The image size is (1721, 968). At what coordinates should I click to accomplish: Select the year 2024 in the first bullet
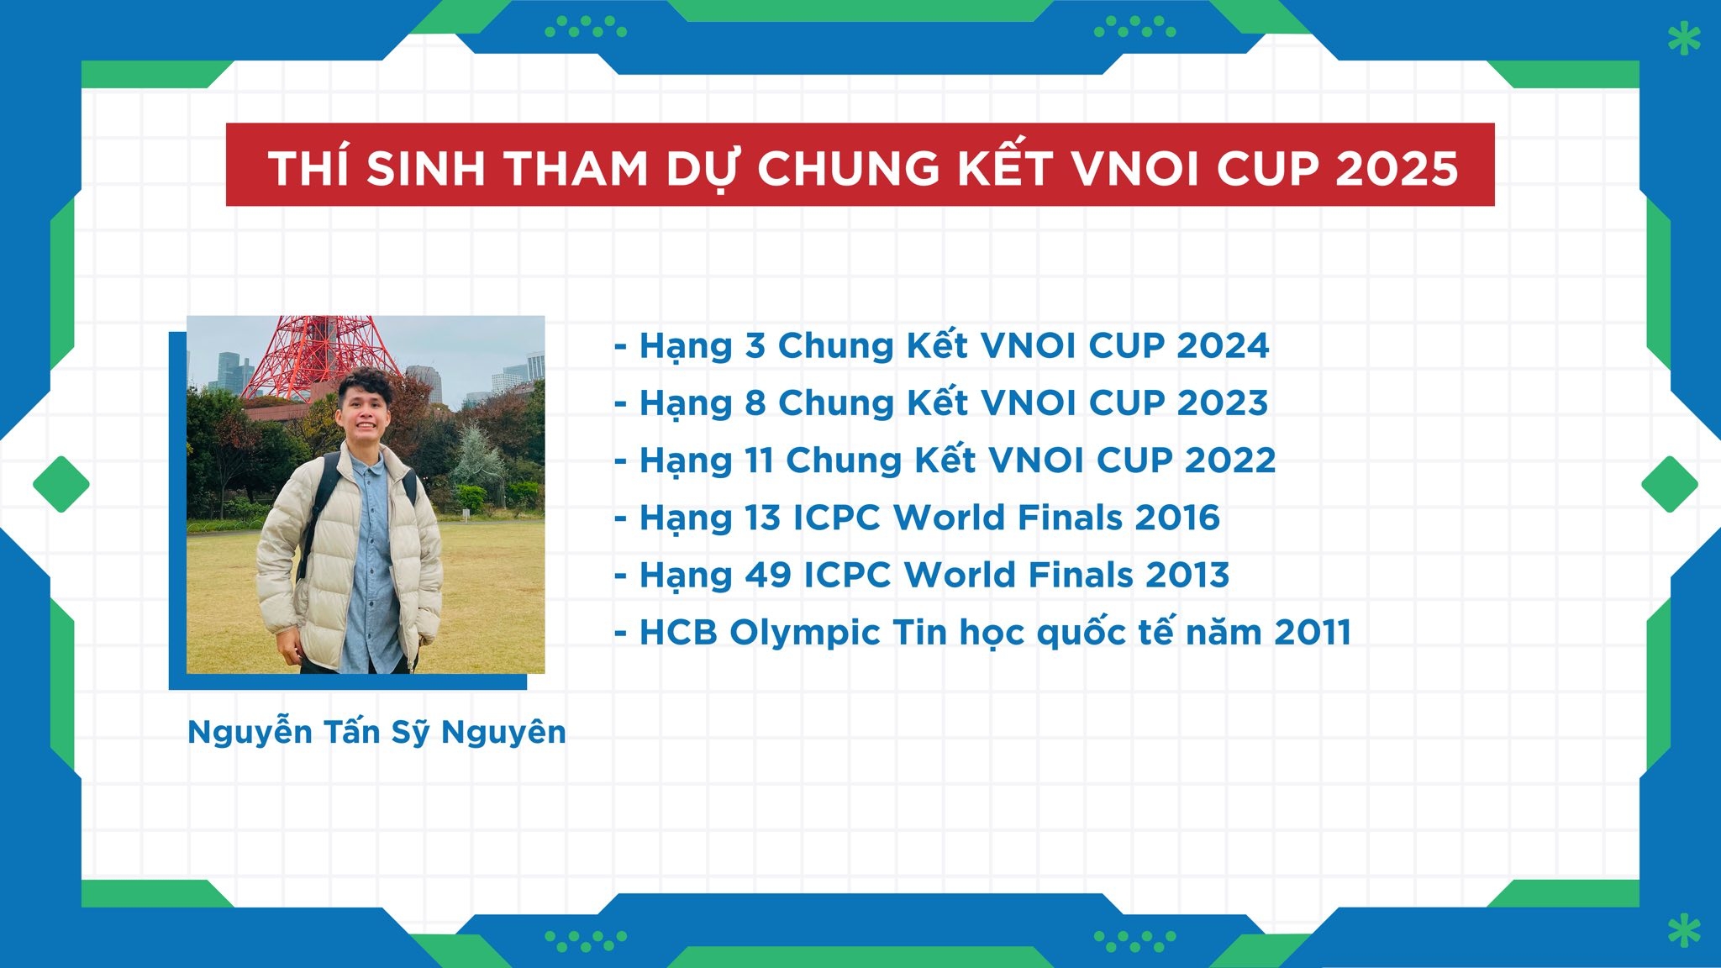point(1223,345)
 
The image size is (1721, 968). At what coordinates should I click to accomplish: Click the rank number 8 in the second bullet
point(755,402)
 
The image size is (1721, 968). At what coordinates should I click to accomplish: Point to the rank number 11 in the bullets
point(759,460)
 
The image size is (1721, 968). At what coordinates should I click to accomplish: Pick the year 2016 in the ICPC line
point(1177,518)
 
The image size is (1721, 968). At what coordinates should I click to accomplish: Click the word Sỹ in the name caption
point(410,732)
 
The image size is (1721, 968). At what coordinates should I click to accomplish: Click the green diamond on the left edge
point(61,484)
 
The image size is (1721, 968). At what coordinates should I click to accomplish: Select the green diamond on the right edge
point(1670,484)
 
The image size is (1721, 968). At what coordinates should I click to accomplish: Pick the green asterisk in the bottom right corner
point(1684,931)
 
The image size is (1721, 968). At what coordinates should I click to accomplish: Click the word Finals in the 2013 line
point(1081,575)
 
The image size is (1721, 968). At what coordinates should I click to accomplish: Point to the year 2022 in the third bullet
point(1230,460)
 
